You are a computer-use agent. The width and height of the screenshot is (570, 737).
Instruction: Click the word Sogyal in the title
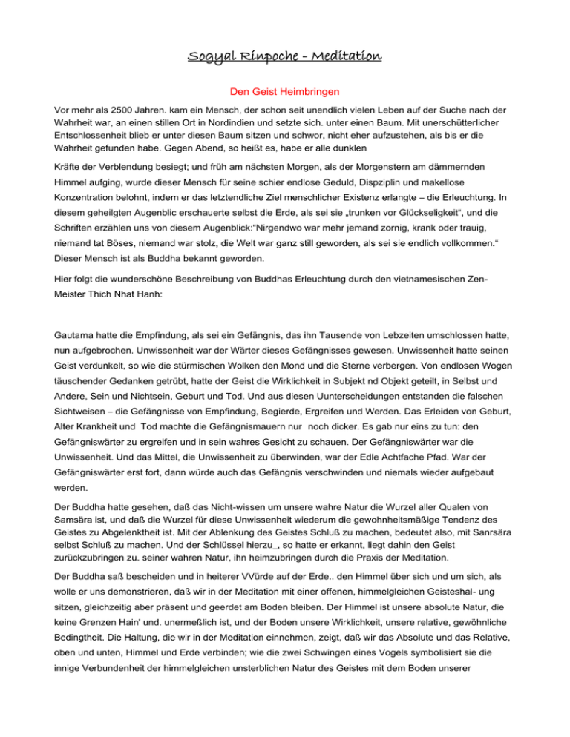[x=210, y=56]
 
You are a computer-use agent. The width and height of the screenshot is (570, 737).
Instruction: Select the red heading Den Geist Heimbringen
[x=284, y=94]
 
